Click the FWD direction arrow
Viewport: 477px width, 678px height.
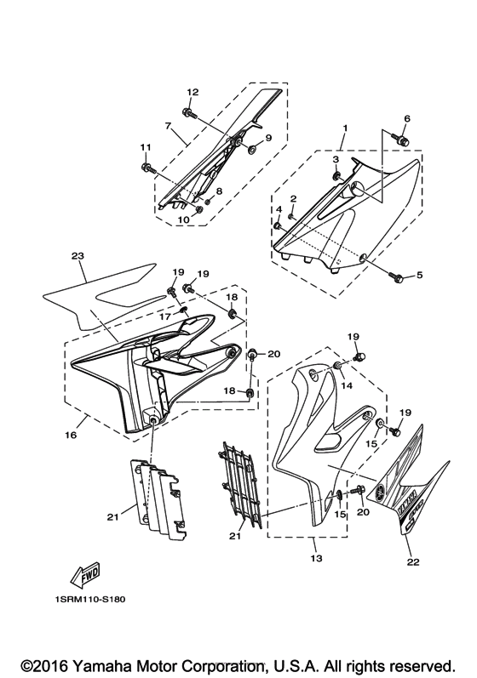86,577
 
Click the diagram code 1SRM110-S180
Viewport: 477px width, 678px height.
90,601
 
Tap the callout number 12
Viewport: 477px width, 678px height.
193,92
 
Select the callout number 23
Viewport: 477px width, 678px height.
78,256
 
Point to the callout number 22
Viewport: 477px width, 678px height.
413,562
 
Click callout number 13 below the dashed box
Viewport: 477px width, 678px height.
316,558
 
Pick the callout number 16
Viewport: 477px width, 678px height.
71,435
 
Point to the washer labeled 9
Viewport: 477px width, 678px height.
252,150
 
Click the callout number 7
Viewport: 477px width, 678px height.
169,126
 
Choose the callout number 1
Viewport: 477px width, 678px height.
345,128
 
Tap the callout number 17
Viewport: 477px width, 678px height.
165,316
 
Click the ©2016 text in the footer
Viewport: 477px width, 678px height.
45,665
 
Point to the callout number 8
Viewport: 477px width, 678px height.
220,191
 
